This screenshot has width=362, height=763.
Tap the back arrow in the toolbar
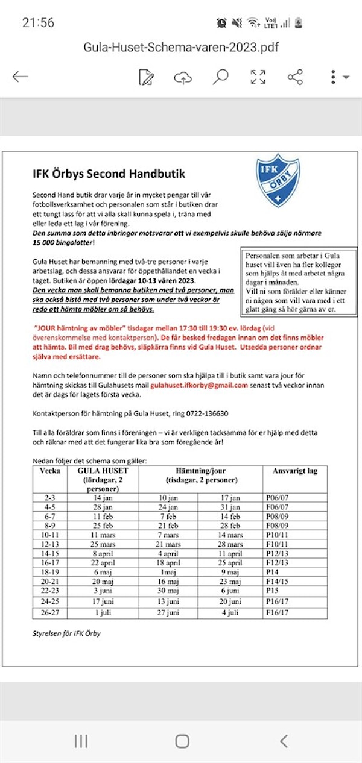[x=21, y=77]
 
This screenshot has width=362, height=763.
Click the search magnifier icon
[x=220, y=77]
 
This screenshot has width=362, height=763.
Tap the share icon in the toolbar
[x=295, y=77]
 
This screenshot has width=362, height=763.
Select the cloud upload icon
[x=183, y=77]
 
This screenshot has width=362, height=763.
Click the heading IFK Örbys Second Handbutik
[x=109, y=174]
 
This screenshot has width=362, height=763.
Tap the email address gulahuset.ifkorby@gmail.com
[x=199, y=385]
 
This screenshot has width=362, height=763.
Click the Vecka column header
[x=49, y=471]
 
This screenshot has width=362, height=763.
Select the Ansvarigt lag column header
[x=295, y=471]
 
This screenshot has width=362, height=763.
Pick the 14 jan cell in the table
[x=103, y=498]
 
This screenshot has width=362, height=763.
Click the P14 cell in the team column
[x=273, y=572]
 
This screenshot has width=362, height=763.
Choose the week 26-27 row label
[x=49, y=613]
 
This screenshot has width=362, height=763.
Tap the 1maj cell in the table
[x=168, y=572]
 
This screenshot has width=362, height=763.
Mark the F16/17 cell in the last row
[x=278, y=613]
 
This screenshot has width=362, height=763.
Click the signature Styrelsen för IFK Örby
[x=66, y=633]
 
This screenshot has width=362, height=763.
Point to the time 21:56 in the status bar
[x=38, y=23]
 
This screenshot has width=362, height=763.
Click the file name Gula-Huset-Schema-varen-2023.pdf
[x=181, y=47]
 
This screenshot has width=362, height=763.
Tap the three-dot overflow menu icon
[x=334, y=77]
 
